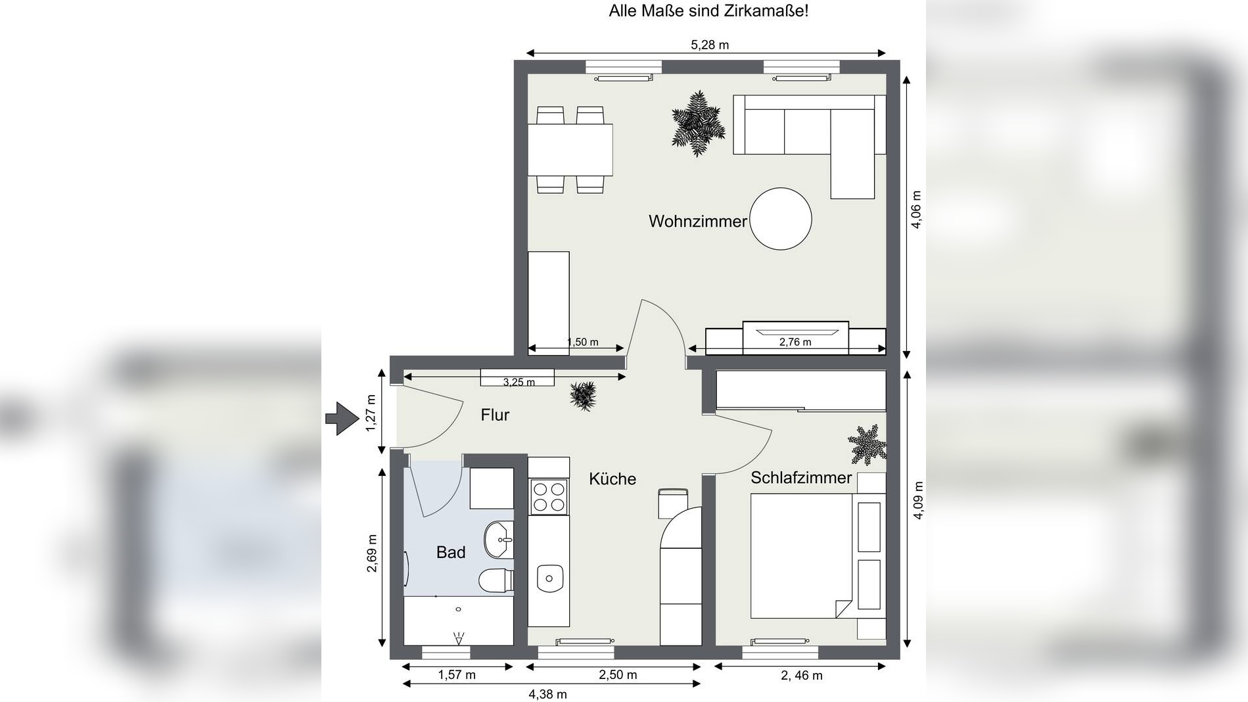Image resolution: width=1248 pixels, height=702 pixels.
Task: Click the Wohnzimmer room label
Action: tap(698, 222)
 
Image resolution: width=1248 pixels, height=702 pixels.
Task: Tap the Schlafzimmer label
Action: tap(801, 478)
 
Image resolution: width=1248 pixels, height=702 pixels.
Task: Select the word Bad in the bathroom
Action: tap(451, 553)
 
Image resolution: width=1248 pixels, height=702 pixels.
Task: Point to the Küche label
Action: tap(612, 479)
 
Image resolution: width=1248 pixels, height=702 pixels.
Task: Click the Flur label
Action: tap(495, 415)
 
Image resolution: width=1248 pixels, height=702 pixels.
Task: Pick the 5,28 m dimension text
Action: tap(710, 45)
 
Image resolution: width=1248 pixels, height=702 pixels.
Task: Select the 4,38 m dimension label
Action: tap(547, 694)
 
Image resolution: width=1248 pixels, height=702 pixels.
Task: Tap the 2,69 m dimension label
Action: tap(372, 553)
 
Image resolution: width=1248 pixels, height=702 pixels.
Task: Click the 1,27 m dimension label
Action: tap(371, 413)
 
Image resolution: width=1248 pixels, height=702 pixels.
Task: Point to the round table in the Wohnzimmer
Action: tap(781, 219)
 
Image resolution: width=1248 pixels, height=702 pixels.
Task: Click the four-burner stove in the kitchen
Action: tap(549, 496)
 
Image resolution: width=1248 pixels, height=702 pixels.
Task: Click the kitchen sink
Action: tap(550, 578)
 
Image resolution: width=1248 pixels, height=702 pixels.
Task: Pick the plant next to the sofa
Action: tap(698, 124)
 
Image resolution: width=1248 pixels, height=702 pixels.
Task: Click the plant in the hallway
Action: tap(583, 396)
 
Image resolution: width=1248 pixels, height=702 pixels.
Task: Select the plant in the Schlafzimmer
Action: tap(867, 445)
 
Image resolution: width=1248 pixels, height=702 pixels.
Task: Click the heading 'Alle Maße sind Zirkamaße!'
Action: tap(708, 11)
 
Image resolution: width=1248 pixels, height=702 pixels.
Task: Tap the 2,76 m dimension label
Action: tap(795, 342)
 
